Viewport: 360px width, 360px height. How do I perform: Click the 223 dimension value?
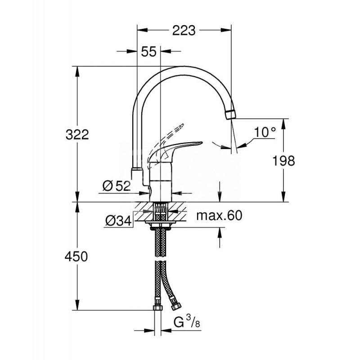coord(184,31)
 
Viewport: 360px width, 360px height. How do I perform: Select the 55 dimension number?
coord(148,51)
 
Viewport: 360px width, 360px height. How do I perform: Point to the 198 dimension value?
coord(283,160)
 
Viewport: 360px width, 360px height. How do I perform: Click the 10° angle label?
coord(264,132)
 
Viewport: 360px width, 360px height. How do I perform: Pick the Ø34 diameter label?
coord(118,220)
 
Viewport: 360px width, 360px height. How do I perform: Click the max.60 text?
coord(219,216)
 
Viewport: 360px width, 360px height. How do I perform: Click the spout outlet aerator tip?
coord(230,113)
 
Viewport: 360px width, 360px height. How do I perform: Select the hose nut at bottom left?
coord(158,307)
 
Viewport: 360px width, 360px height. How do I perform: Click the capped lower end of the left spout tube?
coord(136,172)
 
